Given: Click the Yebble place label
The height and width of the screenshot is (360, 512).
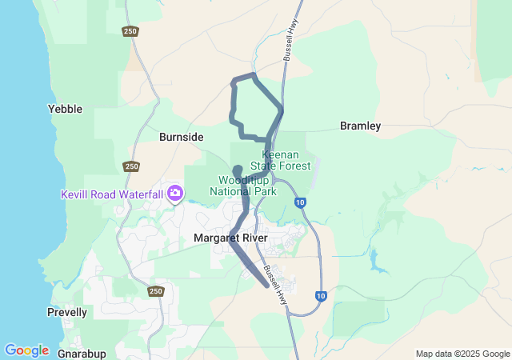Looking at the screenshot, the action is (65, 109).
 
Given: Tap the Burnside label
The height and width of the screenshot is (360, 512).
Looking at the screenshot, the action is (181, 137).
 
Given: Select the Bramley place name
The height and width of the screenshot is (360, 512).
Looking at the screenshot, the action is (360, 126).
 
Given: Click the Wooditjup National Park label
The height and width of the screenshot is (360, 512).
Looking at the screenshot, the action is (243, 186).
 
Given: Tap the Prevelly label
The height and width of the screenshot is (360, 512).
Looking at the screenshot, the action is (67, 312).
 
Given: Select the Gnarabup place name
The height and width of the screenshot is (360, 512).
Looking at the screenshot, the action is (82, 352).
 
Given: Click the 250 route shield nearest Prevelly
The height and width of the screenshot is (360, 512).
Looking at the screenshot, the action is (155, 291).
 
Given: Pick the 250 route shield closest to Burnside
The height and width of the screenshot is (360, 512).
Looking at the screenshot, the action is (131, 166).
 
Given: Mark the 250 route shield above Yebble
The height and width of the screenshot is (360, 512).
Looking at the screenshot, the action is (130, 31).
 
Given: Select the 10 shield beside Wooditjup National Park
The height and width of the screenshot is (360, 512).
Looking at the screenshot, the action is (299, 202).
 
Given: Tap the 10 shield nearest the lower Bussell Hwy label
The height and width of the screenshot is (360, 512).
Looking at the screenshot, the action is (321, 296).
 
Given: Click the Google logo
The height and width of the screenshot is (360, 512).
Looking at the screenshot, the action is (26, 350).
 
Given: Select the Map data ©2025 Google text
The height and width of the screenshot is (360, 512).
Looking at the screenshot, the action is (462, 354).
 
